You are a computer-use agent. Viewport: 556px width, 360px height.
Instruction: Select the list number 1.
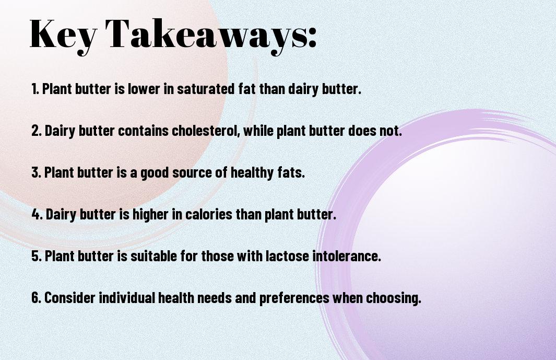click(x=35, y=89)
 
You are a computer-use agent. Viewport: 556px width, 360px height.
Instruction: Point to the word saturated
click(x=206, y=89)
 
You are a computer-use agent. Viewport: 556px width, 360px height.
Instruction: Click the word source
click(x=190, y=172)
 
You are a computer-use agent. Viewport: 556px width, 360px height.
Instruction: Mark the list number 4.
click(x=37, y=214)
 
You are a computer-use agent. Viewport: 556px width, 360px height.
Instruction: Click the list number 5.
click(x=37, y=256)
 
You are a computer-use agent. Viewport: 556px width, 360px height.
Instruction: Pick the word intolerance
click(x=347, y=256)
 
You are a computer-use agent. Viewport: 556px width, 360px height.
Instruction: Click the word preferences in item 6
click(x=294, y=298)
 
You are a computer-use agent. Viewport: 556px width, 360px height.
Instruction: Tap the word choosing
click(x=394, y=298)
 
